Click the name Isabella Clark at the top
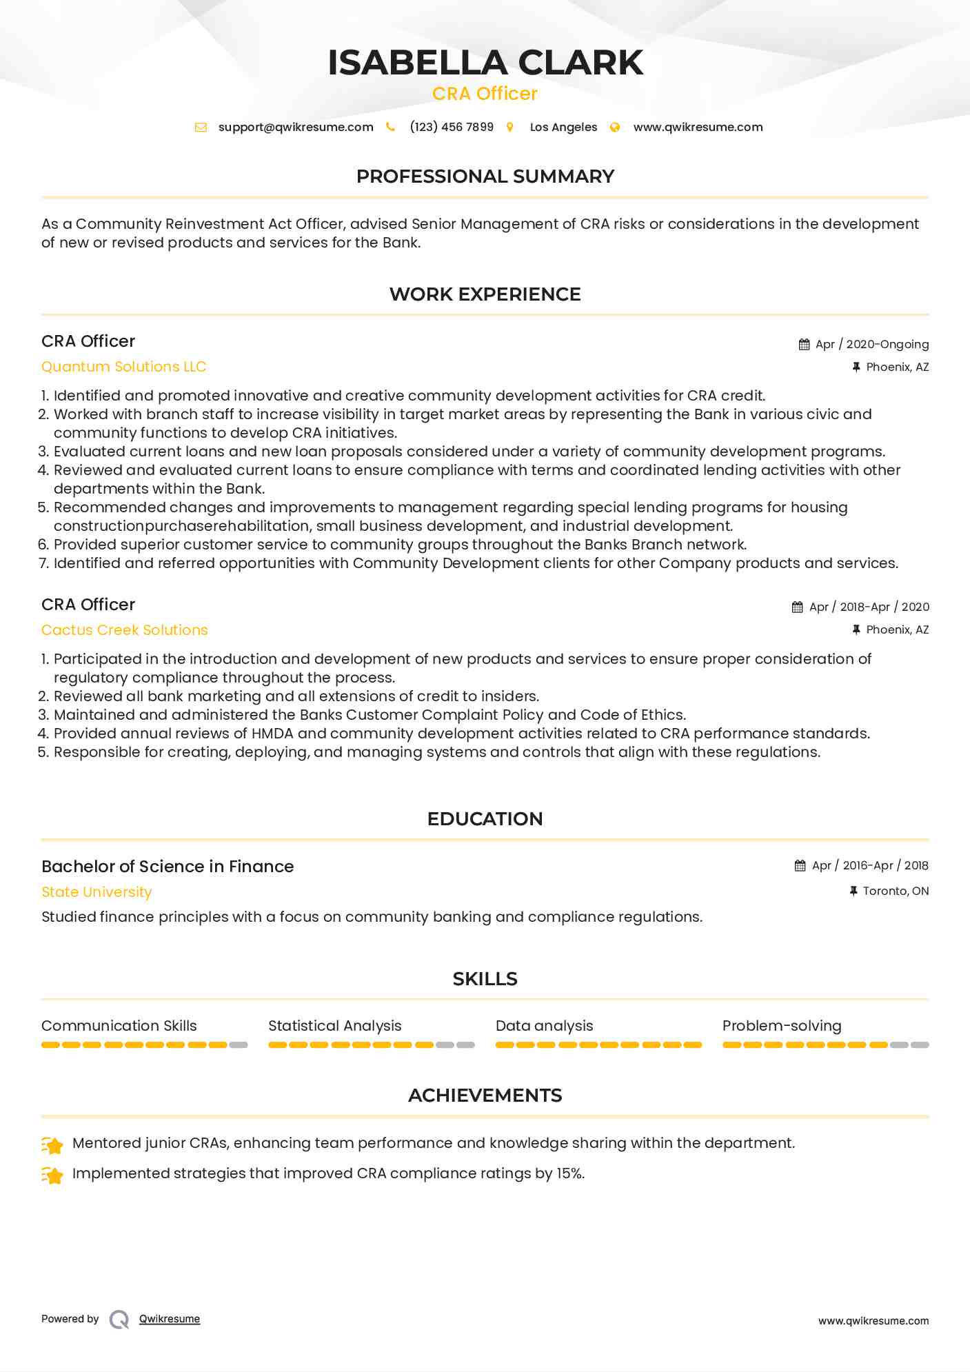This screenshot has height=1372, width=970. point(485,63)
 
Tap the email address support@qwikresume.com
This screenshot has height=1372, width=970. point(296,127)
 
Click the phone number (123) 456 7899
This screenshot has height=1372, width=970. point(452,127)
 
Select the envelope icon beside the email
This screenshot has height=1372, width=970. point(201,127)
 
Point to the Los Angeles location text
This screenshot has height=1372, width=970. point(563,127)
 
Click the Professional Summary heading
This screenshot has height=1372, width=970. point(485,176)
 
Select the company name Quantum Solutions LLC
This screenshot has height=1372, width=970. point(124,367)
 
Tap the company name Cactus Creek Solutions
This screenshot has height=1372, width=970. point(125,630)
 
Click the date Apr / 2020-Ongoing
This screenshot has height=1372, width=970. point(871,344)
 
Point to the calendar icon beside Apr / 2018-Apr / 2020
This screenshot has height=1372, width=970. point(798,607)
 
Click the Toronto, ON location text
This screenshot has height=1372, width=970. point(896,891)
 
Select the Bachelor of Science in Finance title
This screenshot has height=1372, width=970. point(168,867)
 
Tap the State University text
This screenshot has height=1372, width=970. point(97,892)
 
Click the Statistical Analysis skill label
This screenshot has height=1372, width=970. point(335,1026)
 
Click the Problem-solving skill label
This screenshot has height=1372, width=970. point(782,1026)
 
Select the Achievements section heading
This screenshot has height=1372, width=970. point(485,1096)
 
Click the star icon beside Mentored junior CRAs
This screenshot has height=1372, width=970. point(53,1145)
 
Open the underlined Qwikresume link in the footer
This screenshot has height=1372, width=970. point(170,1319)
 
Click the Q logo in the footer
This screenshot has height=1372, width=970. point(119,1320)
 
